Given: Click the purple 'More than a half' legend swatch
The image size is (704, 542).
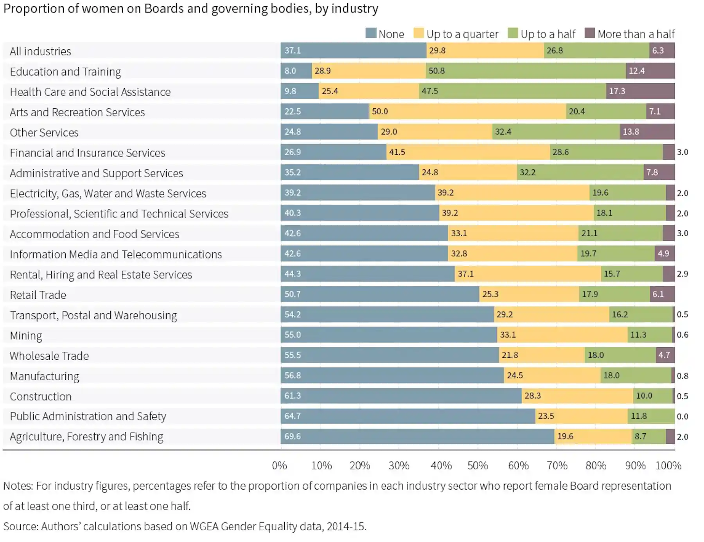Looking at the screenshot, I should click(589, 33).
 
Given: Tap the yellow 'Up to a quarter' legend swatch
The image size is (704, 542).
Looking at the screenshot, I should click(418, 33).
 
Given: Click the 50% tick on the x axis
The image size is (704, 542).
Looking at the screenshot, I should click(478, 465).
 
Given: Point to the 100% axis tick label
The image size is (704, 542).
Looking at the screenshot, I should click(668, 465).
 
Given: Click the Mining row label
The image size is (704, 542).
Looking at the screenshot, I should click(26, 336).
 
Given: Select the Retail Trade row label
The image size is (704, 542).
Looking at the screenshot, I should click(38, 295).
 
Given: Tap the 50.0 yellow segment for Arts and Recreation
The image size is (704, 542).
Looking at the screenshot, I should click(467, 111).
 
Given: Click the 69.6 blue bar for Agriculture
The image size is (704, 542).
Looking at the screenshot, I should click(417, 436).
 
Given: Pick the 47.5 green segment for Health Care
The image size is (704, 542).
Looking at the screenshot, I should click(512, 91).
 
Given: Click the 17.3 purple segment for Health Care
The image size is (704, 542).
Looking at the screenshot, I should click(640, 91).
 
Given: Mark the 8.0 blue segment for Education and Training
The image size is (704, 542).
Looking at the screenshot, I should click(296, 71).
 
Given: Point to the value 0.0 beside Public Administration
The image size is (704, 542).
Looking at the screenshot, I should click(682, 416).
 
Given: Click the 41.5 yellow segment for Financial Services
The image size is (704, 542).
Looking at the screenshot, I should click(468, 152).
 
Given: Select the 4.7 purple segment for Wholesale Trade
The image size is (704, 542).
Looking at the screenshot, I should click(665, 355).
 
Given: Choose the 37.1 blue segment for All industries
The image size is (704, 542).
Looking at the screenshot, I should click(353, 50).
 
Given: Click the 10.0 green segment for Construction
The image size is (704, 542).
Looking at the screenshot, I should click(652, 396).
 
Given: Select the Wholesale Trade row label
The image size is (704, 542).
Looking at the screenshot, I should click(49, 356).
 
